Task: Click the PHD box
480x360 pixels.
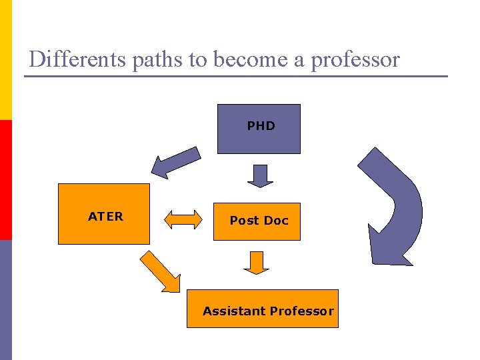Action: pyautogui.click(x=259, y=129)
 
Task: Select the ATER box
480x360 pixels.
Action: pyautogui.click(x=103, y=214)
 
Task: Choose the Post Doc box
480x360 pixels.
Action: pyautogui.click(x=258, y=221)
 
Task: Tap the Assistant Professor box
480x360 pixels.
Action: pyautogui.click(x=262, y=309)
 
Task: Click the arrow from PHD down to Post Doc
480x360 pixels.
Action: pyautogui.click(x=260, y=176)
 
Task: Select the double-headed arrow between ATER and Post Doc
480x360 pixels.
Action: pyautogui.click(x=183, y=219)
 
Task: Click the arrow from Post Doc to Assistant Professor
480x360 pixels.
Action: pyautogui.click(x=256, y=263)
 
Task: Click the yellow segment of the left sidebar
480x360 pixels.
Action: pyautogui.click(x=5, y=60)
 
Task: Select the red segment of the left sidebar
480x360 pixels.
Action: pyautogui.click(x=5, y=180)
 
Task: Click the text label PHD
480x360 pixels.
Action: pyautogui.click(x=261, y=125)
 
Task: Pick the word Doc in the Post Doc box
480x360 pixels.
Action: pyautogui.click(x=276, y=220)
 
